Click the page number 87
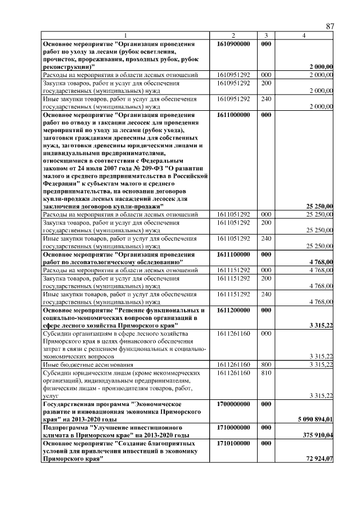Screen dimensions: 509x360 point(330,26)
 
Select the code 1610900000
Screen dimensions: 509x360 point(233,43)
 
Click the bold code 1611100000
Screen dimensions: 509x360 point(233,254)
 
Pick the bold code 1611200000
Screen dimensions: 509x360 point(233,310)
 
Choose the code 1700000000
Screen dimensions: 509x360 point(233,404)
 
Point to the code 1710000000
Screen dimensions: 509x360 point(233,428)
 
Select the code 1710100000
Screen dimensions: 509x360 point(233,444)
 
